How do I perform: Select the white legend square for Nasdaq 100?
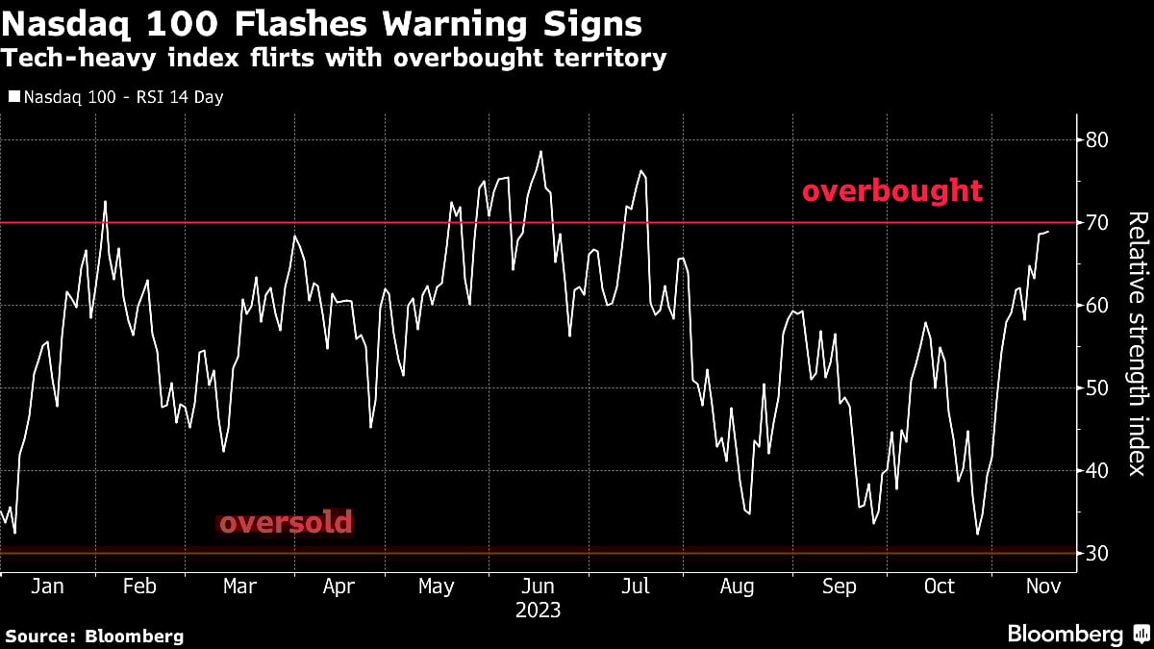coord(13,97)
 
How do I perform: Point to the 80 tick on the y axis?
coord(1096,140)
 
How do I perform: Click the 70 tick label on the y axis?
coord(1096,223)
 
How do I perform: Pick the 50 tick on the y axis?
coord(1096,388)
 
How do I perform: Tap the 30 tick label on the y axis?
coord(1096,554)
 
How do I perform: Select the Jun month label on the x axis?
coord(538,587)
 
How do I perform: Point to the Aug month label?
coord(737,587)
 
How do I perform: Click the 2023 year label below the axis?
coord(538,611)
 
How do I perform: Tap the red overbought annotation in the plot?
coord(892,191)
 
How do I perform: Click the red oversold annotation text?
coord(286,523)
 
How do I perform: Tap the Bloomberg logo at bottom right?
coord(1076,635)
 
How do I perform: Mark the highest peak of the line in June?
coord(541,151)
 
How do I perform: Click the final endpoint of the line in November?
coord(1048,231)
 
